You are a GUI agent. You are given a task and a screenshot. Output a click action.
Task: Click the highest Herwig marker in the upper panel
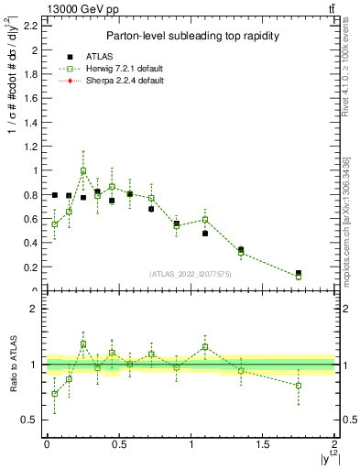click(x=83, y=170)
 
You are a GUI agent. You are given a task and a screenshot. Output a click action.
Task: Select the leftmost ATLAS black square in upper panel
click(x=55, y=195)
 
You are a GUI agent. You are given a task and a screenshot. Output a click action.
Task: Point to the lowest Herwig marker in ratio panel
click(x=55, y=394)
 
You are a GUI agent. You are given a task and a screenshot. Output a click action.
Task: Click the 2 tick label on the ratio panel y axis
click(x=34, y=309)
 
